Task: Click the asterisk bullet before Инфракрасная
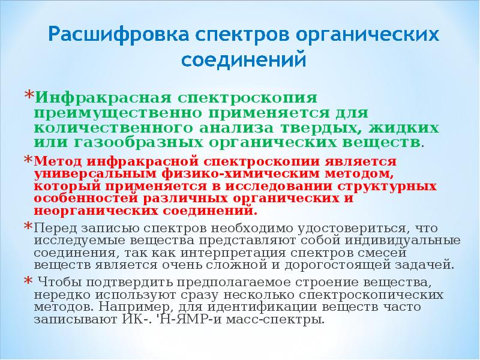[x=28, y=95]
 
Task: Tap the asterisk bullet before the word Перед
[x=28, y=227]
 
